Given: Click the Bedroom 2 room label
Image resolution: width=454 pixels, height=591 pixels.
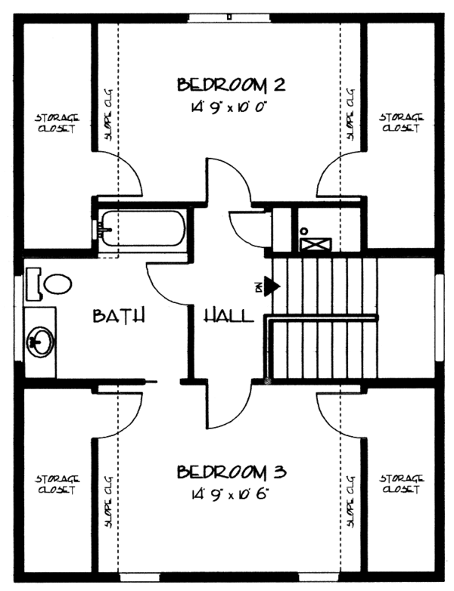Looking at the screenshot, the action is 231,85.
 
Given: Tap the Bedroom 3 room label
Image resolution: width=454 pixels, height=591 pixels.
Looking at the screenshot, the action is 232,472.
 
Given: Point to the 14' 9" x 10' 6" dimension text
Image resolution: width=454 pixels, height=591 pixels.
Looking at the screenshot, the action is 230,494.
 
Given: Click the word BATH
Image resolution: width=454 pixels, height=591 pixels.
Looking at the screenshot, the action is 119,315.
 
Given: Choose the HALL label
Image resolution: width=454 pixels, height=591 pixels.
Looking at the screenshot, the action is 229,315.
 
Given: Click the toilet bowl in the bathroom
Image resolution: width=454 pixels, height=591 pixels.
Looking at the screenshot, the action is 58,284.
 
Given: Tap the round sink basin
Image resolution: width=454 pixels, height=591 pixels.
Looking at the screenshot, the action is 39,342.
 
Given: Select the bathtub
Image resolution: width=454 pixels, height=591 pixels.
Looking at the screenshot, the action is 142,228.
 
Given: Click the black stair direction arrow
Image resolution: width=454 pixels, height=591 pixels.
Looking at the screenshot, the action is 272,286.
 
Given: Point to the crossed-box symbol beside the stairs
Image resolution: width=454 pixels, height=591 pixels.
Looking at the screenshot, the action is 316,244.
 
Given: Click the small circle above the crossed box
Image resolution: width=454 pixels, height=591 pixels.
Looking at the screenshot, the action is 303,231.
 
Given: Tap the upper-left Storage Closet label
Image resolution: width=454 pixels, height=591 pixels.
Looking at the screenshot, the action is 58,123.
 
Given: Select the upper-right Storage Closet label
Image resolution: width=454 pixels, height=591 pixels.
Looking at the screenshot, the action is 402,122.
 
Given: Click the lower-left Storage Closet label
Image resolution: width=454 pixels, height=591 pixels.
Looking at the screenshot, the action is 58,484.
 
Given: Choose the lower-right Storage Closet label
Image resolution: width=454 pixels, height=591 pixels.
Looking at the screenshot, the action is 402,484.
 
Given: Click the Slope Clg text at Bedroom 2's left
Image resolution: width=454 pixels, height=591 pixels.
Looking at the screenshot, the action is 109,115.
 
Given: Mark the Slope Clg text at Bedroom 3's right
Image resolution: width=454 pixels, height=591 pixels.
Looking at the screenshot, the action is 350,501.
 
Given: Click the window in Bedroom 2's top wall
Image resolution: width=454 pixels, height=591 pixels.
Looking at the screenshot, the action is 229,17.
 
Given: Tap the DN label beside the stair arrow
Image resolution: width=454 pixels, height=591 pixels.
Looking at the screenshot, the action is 259,288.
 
